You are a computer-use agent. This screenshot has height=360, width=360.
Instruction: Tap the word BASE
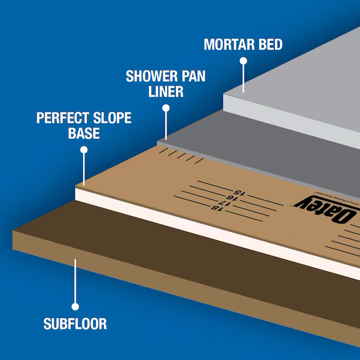[x=84, y=134]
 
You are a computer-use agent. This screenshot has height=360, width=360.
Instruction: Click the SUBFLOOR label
[x=75, y=323]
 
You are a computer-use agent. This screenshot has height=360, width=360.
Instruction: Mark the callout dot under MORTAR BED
[x=243, y=60]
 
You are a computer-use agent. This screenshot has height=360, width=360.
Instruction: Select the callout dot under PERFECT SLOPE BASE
[x=84, y=149]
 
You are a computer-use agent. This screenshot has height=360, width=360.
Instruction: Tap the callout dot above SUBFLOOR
[x=75, y=306]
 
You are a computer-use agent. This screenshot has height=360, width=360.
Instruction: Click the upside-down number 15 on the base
[x=238, y=192]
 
